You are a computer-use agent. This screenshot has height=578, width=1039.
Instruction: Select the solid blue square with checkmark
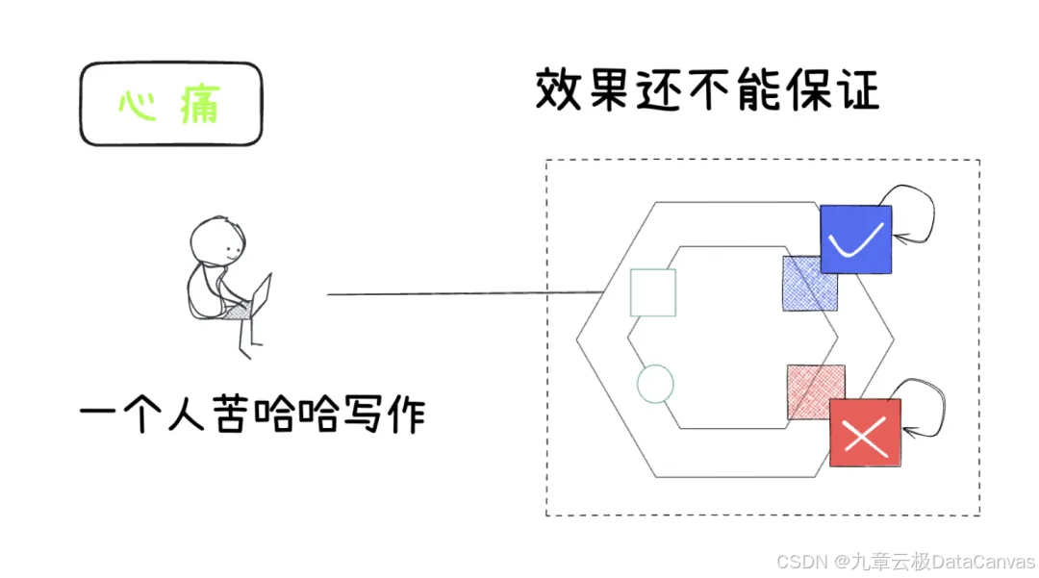click(x=856, y=239)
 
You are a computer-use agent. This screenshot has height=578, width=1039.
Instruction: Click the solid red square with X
click(x=865, y=434)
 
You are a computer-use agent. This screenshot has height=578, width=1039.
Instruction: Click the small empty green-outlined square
click(x=652, y=293)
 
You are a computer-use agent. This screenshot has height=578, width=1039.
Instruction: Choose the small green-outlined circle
click(x=655, y=384)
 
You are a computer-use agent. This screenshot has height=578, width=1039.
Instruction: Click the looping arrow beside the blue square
click(x=914, y=212)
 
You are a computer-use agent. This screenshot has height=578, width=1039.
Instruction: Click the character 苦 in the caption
click(x=232, y=415)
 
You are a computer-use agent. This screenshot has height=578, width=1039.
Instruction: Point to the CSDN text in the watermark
click(x=796, y=561)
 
